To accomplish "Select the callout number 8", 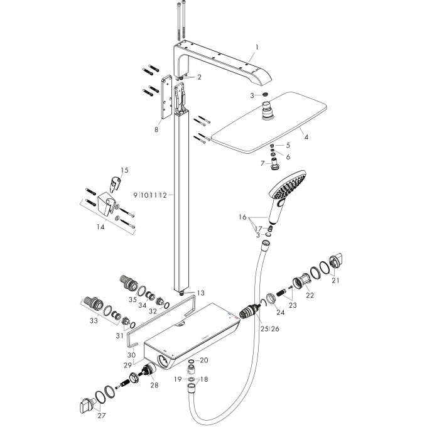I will pos(156,129).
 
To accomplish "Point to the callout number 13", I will pos(200,293).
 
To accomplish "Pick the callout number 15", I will pos(124,170).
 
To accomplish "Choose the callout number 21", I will pos(335,280).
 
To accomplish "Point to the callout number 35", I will pos(132,300).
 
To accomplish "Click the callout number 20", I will pos(203,360).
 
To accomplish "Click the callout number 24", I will pos(281,312).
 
